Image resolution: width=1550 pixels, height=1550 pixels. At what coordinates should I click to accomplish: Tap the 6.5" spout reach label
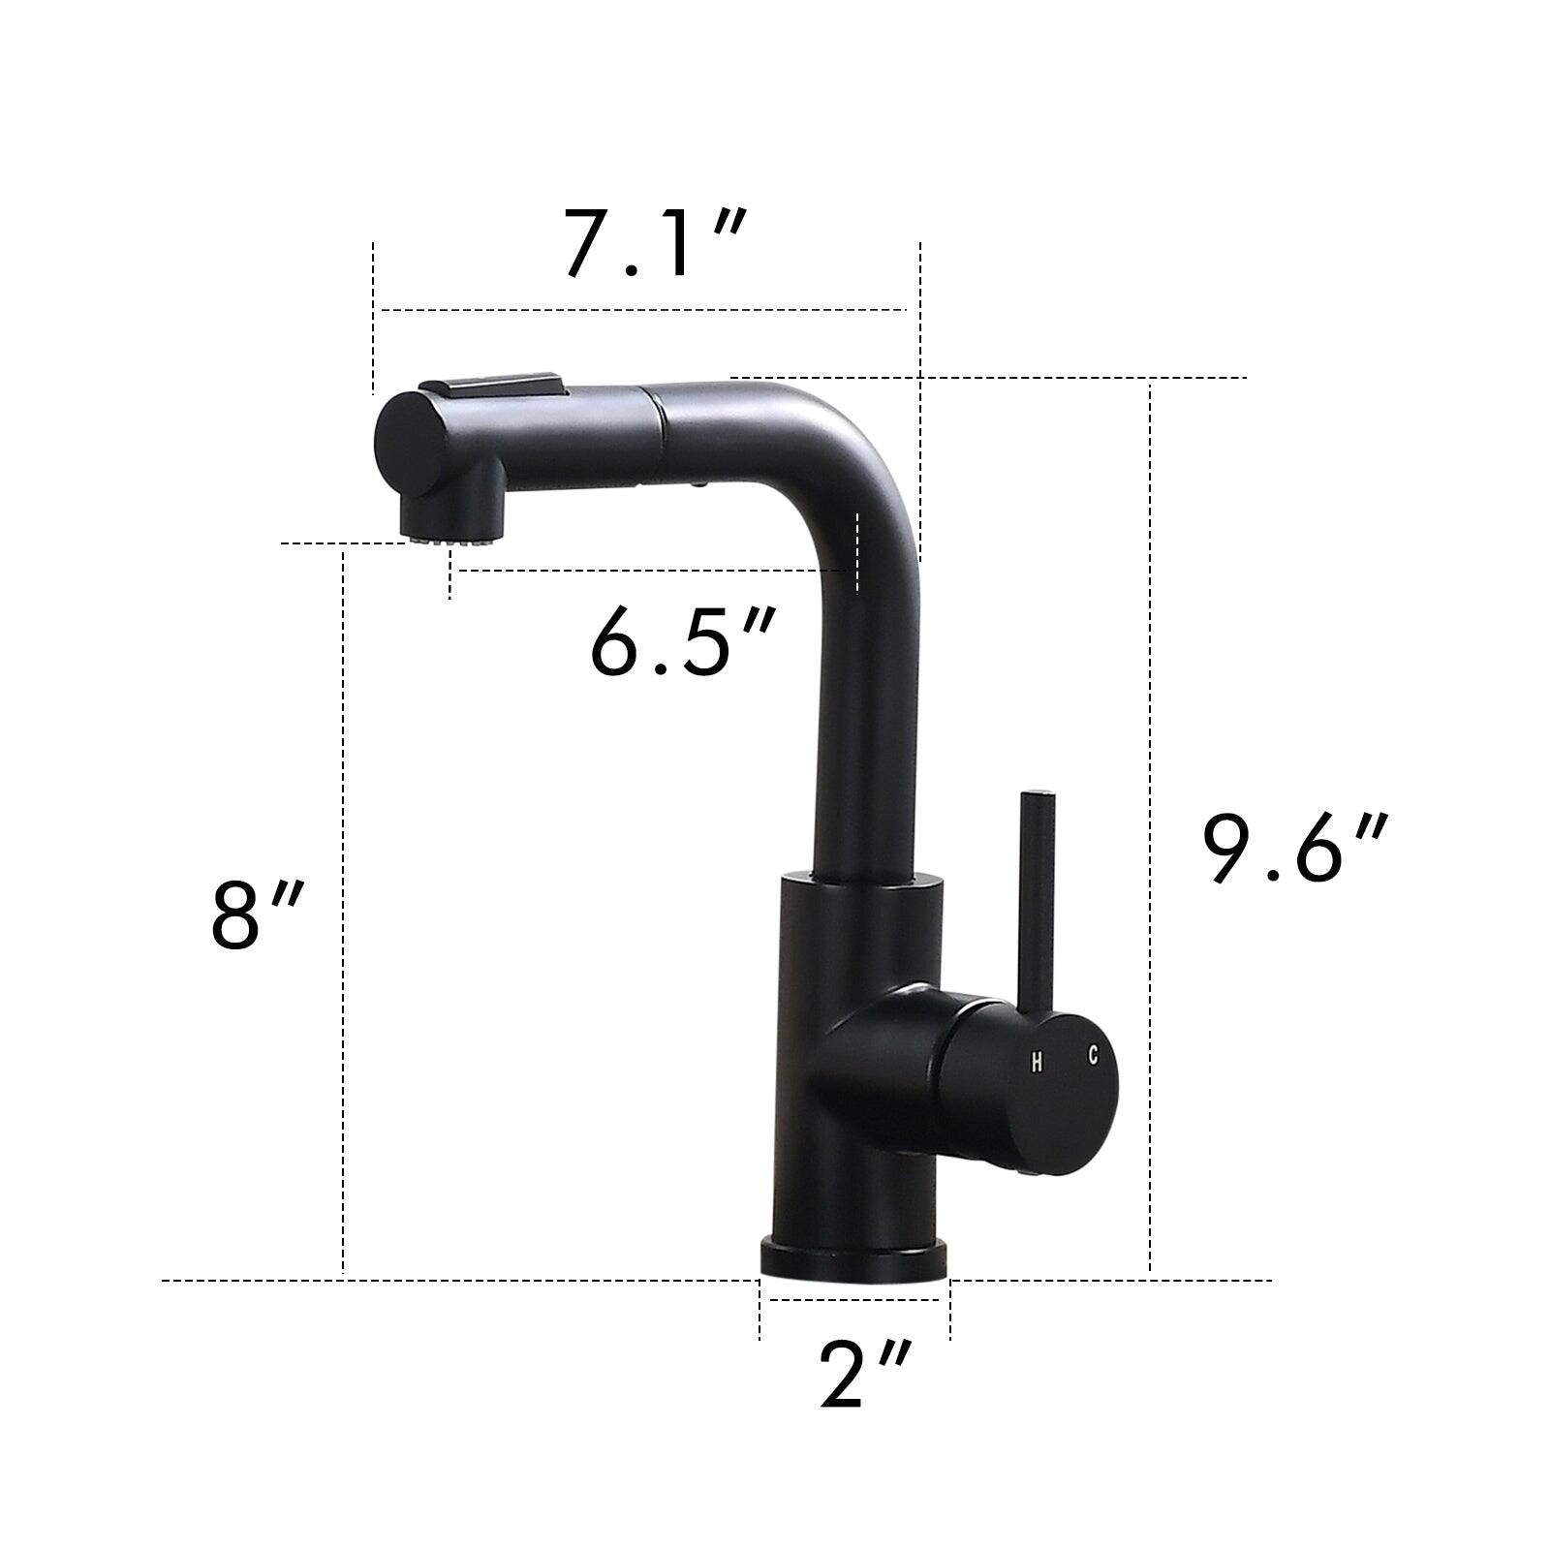(x=683, y=642)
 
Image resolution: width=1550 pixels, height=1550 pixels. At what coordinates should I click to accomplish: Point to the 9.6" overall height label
(x=1295, y=849)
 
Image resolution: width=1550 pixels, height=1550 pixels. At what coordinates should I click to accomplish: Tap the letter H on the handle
(x=1037, y=1062)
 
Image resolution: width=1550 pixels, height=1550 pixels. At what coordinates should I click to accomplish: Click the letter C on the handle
(x=1093, y=1054)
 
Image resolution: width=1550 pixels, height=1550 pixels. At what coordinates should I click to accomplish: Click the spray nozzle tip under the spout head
(x=428, y=536)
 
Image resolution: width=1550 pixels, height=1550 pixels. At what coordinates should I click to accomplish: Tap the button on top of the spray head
(x=494, y=385)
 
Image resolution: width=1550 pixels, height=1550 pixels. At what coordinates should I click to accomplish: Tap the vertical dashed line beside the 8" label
(x=343, y=911)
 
